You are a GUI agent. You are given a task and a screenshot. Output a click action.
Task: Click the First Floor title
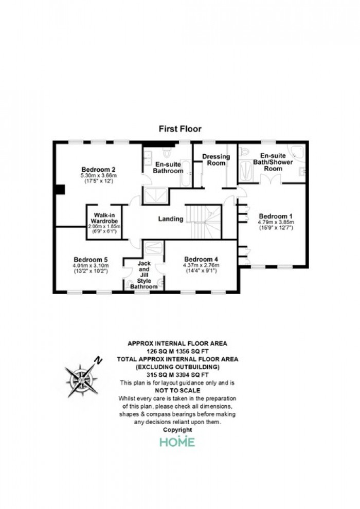pyautogui.click(x=179, y=129)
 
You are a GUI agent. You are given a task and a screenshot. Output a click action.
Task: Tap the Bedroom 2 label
pyautogui.click(x=98, y=169)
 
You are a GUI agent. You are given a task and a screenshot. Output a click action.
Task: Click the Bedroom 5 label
pyautogui.click(x=91, y=259)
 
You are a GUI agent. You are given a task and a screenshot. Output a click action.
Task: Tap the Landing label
pyautogui.click(x=171, y=219)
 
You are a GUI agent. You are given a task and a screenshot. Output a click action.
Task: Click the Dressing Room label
pyautogui.click(x=215, y=159)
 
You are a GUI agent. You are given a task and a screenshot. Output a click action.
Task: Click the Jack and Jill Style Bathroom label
pyautogui.click(x=143, y=275)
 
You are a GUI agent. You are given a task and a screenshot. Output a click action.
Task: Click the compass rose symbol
pyautogui.click(x=81, y=379)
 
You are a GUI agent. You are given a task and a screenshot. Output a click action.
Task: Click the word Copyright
pyautogui.click(x=177, y=429)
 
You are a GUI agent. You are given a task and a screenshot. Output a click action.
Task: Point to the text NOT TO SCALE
pyautogui.click(x=177, y=390)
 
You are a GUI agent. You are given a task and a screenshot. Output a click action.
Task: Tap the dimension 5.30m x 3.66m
pyautogui.click(x=98, y=176)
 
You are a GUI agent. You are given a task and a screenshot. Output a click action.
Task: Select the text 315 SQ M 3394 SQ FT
pyautogui.click(x=177, y=375)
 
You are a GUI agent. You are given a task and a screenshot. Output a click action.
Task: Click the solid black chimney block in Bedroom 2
pyautogui.click(x=60, y=189)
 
